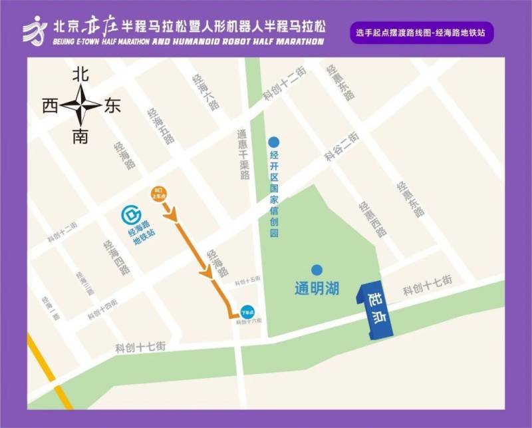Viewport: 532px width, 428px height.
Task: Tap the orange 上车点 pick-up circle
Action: click(159, 193)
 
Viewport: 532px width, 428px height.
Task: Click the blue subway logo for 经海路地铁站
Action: click(132, 216)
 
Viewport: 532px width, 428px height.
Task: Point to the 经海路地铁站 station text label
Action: click(142, 228)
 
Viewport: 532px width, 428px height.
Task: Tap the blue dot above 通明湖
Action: click(317, 270)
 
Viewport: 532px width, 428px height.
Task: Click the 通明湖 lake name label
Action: click(317, 289)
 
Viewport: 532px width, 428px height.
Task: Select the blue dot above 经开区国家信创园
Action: click(273, 142)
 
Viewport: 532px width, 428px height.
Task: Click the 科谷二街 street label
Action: click(342, 147)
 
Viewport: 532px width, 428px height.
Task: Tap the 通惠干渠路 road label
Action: click(244, 154)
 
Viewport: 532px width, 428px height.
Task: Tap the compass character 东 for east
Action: click(112, 106)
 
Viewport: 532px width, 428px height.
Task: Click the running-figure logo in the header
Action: click(35, 31)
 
